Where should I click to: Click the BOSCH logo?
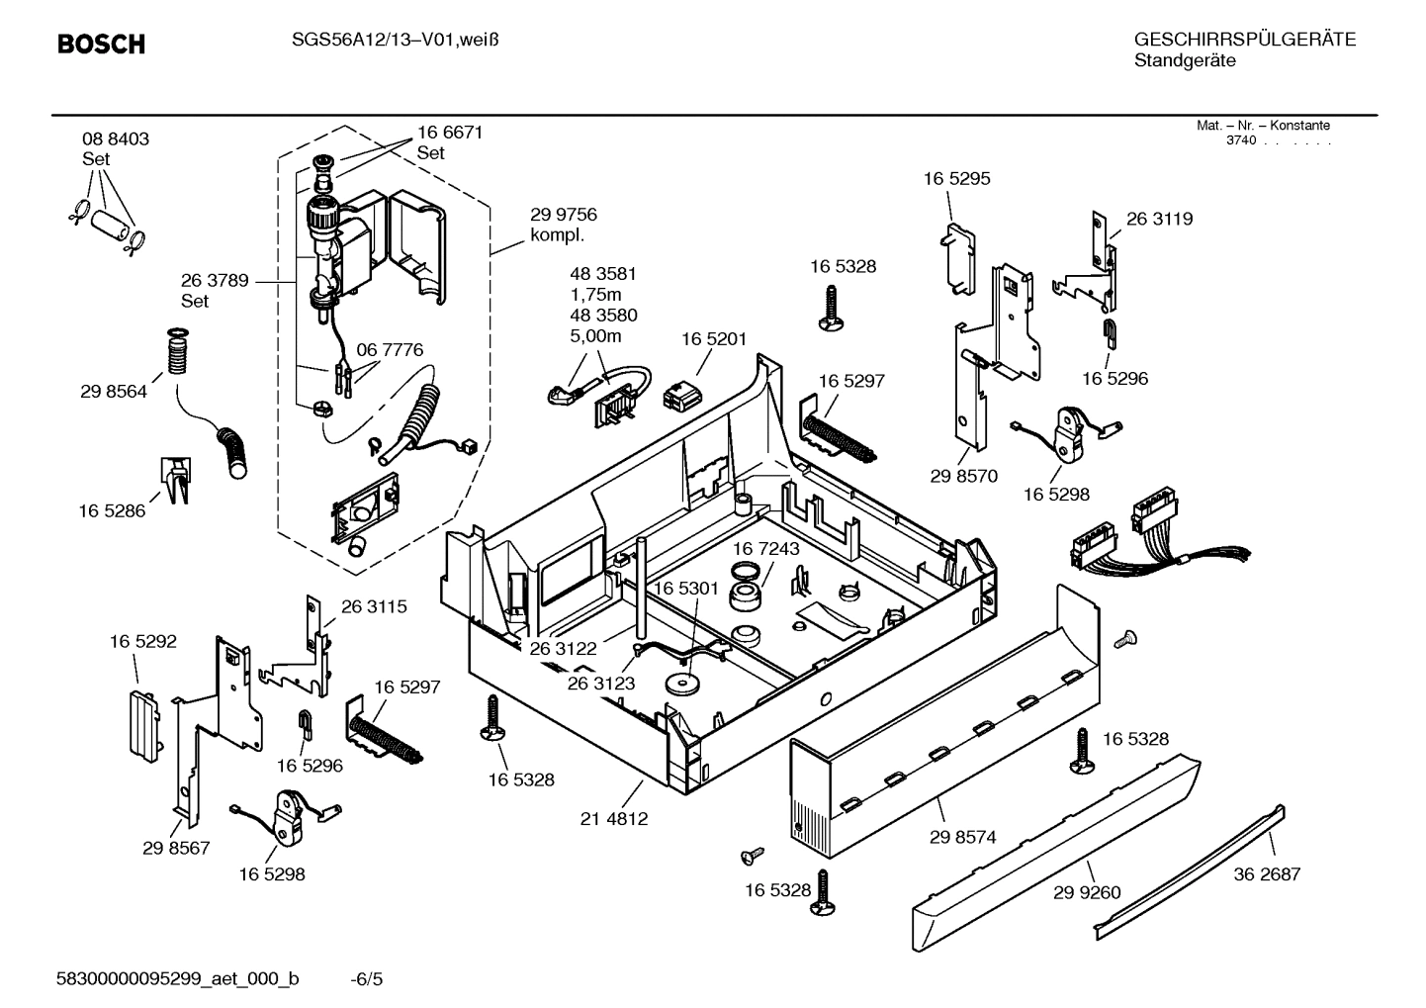pos(101,45)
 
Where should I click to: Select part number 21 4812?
pos(614,818)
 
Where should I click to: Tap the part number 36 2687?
pos(1267,873)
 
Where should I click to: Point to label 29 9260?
pos(1087,892)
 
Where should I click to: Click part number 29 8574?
pos(962,837)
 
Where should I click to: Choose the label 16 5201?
pos(713,339)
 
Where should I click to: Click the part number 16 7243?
pos(765,548)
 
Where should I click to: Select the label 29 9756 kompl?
pos(563,225)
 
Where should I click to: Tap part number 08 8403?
pos(115,139)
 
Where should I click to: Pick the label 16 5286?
pos(112,510)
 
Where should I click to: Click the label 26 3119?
pos(1159,219)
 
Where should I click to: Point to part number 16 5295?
pos(956,179)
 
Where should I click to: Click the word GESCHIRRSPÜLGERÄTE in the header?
pos(1244,40)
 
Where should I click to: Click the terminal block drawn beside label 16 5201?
pos(683,393)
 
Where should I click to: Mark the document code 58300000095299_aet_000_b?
pos(178,979)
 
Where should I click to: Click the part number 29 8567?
pos(176,848)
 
